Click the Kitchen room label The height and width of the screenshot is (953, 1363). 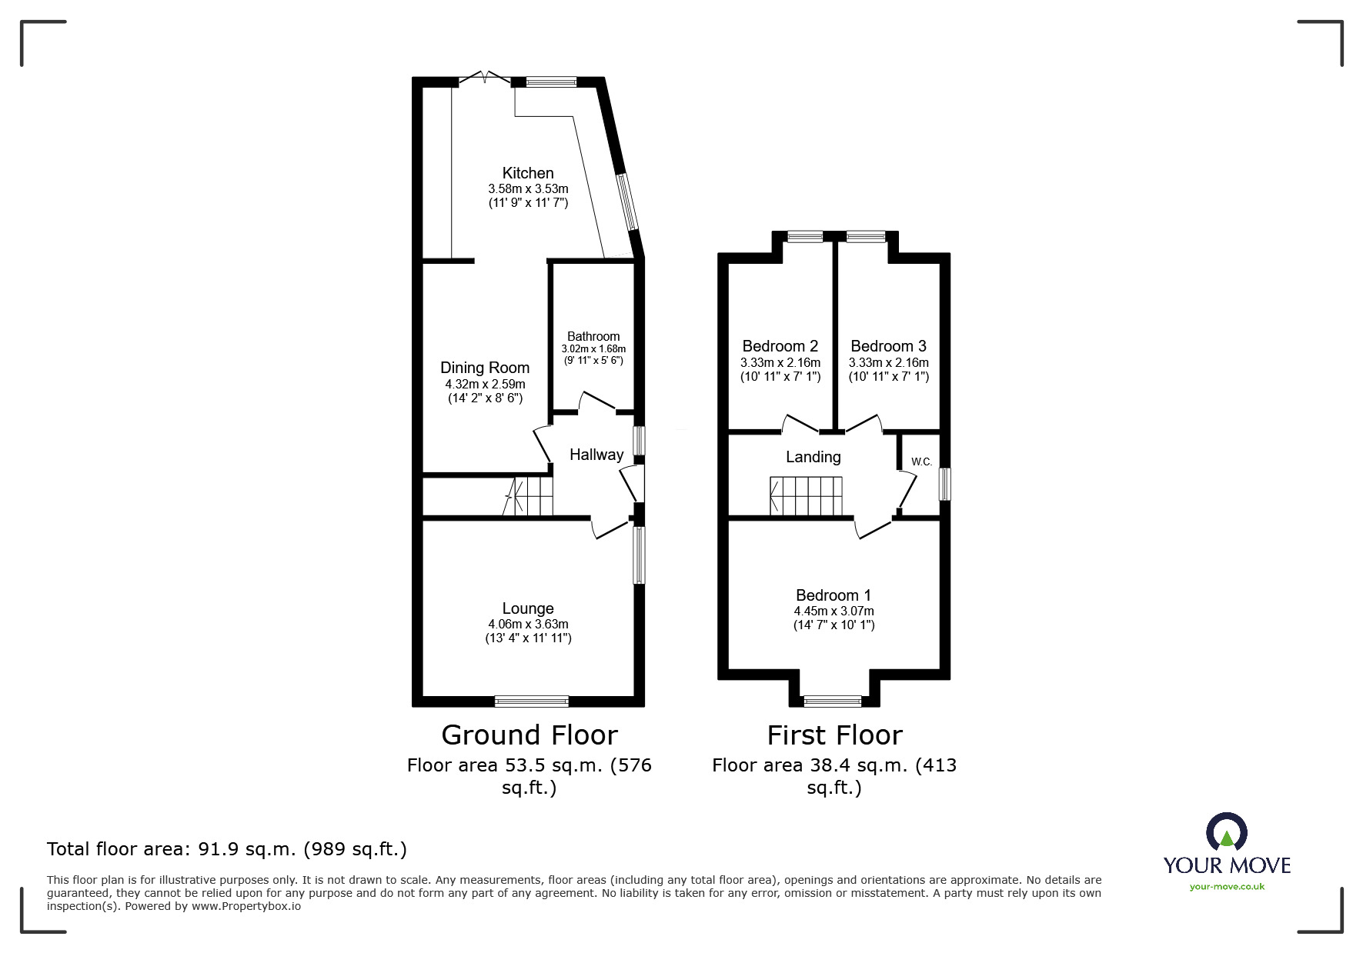click(528, 173)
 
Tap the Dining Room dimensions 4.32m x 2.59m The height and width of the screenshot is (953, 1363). click(485, 384)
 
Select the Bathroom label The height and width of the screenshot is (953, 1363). click(593, 336)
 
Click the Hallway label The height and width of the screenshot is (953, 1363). click(596, 455)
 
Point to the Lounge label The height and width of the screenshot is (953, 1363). click(528, 608)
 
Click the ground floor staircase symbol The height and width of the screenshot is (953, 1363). click(530, 496)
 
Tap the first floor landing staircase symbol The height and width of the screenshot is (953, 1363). click(807, 496)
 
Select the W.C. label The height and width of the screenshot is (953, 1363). click(921, 462)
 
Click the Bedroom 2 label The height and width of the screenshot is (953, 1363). click(780, 346)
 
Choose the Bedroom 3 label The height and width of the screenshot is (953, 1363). click(889, 346)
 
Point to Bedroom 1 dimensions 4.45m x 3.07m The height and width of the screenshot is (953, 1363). click(834, 611)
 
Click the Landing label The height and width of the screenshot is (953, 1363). click(813, 457)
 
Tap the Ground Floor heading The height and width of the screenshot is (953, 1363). click(529, 735)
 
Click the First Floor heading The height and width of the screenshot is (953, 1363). click(834, 735)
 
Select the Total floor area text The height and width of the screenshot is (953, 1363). click(227, 849)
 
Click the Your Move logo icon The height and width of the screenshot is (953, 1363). click(1227, 832)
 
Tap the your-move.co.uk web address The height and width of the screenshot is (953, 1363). click(1227, 887)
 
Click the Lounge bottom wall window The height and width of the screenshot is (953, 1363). click(532, 701)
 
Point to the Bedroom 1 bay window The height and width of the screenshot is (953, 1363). click(833, 701)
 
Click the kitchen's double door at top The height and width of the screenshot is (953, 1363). click(485, 78)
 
